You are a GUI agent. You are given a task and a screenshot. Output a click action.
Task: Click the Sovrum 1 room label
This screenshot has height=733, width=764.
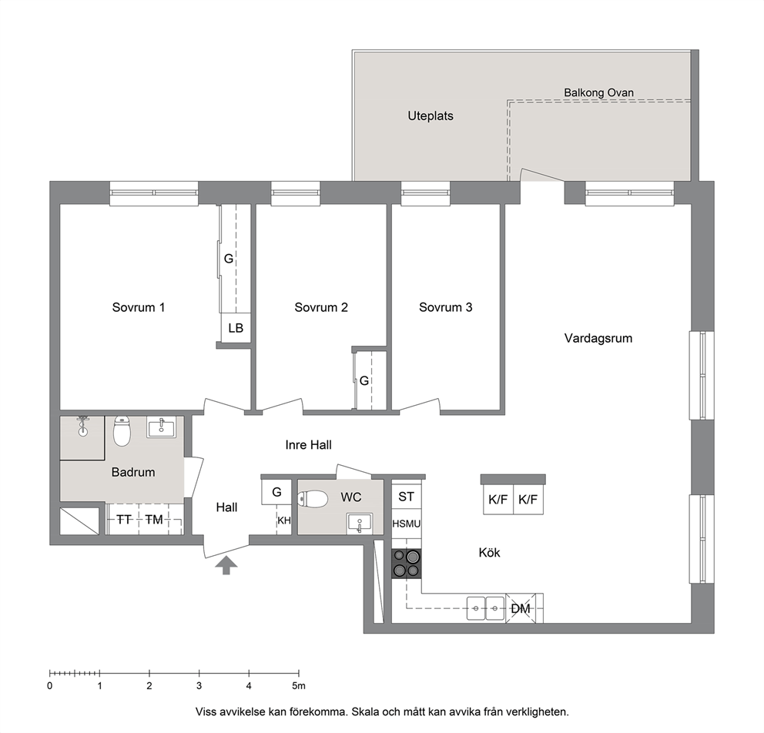tap(139, 307)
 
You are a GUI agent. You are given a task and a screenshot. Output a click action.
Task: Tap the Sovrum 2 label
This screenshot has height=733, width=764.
tap(321, 307)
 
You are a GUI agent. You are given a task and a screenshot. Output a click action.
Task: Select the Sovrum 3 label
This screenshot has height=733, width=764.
tap(445, 307)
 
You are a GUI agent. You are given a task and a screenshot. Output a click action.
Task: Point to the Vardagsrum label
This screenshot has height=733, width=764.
tap(598, 339)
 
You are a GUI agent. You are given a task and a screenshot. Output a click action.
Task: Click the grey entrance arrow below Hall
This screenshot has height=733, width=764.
tap(226, 566)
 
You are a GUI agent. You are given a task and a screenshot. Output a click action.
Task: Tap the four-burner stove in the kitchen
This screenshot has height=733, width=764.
tap(407, 564)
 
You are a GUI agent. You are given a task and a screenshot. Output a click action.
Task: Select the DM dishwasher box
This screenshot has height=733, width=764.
tap(521, 608)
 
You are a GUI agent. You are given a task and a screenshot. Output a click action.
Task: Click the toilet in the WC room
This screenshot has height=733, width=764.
tap(313, 499)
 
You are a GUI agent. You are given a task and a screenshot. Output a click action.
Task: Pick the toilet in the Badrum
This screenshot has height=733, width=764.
tap(122, 431)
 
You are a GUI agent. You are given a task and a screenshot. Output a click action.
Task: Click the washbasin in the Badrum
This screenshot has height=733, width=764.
tap(162, 427)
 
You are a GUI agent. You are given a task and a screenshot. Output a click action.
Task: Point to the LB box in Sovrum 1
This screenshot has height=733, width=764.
tap(236, 328)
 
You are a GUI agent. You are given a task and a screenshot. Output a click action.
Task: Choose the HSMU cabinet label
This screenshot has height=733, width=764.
tap(407, 524)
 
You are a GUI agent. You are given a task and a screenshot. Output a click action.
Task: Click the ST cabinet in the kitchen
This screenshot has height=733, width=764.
tap(407, 497)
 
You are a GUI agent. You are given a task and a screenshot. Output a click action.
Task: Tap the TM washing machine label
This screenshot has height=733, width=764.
tap(154, 520)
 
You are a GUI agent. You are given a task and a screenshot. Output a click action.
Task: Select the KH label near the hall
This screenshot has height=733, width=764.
tap(284, 520)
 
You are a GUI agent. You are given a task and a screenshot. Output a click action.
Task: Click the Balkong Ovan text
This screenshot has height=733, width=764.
tap(599, 92)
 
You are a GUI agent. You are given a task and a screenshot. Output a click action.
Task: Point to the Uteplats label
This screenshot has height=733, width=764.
tap(431, 116)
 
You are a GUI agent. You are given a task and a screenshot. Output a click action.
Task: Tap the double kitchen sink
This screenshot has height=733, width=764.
tap(486, 608)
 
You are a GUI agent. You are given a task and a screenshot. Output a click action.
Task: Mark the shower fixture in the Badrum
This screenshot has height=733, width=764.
tap(83, 425)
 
